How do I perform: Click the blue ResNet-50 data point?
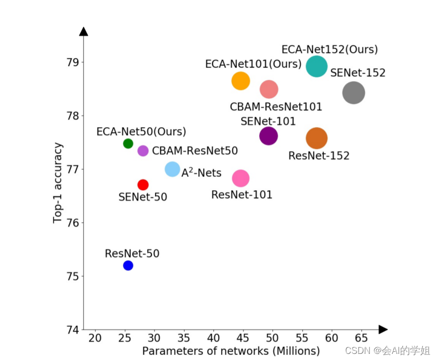128,265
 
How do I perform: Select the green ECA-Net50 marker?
128,143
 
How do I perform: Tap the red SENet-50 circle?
143,185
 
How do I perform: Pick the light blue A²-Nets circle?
173,169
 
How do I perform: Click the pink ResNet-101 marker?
241,178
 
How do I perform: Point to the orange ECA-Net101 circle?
241,80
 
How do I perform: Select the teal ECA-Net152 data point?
317,67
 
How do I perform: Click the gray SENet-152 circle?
354,93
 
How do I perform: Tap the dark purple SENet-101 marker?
268,136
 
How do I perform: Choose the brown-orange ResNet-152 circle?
317,138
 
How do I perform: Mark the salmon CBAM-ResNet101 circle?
269,89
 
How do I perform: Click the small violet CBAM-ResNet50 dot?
143,151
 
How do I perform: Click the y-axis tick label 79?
72,63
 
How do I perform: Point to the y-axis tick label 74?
72,330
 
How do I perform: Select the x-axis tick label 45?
243,338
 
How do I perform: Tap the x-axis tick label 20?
95,338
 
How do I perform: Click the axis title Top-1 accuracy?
58,183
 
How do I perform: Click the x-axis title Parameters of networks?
231,351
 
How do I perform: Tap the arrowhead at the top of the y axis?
84,32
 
